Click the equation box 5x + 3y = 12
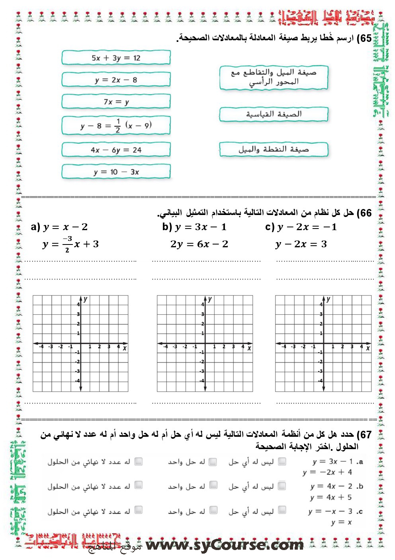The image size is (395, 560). [116, 58]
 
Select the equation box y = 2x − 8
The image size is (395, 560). [116, 80]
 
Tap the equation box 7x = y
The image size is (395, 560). [116, 102]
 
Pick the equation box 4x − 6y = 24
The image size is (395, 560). [116, 150]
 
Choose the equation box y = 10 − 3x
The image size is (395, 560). [116, 172]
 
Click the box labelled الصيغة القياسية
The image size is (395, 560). [274, 114]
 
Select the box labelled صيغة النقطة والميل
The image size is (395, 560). [274, 150]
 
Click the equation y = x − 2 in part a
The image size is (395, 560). [65, 227]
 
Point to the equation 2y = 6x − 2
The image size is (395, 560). [199, 244]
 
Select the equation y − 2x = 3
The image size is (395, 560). [301, 244]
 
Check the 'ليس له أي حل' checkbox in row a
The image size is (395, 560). [282, 461]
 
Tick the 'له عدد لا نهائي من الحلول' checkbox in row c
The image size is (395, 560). [138, 510]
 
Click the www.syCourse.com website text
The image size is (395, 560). [225, 544]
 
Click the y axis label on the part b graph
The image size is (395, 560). [210, 299]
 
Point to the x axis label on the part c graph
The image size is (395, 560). [368, 348]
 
